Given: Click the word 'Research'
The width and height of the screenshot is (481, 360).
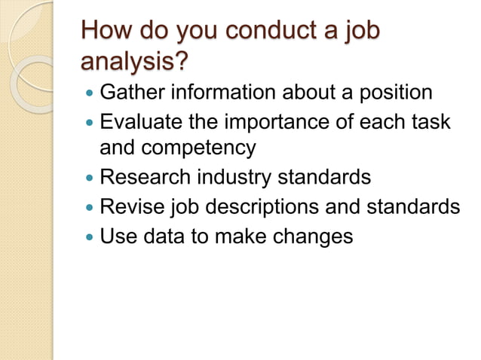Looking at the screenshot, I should point(146,177).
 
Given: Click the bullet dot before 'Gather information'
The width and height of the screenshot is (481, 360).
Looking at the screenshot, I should point(90,94).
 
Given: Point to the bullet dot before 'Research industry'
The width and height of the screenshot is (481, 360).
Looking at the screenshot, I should point(90,178).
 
